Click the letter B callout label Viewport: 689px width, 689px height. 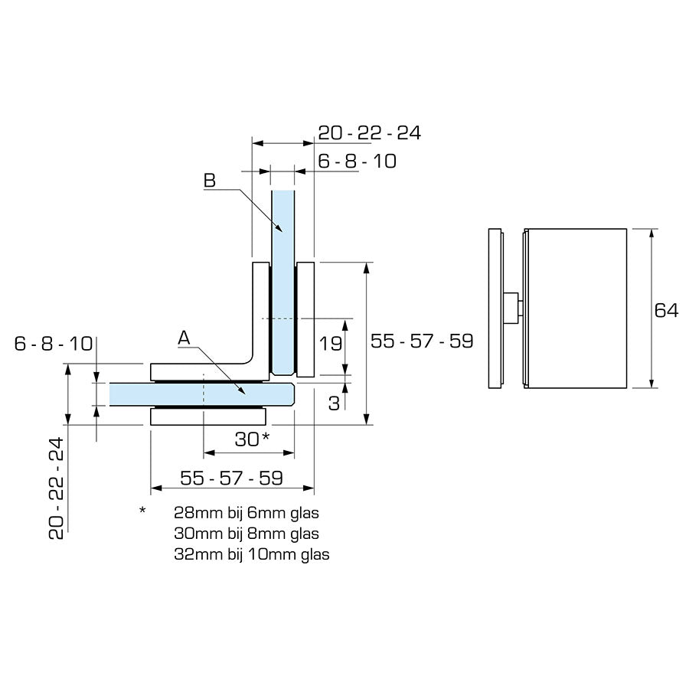pos(210,181)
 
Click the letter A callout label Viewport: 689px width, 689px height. pos(183,337)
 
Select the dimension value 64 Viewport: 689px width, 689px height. pos(666,310)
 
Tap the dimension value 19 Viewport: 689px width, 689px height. pos(330,344)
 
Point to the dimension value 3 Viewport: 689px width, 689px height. pos(334,403)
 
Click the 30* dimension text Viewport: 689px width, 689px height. pos(252,439)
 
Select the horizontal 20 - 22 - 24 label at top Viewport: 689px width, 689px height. pos(369,132)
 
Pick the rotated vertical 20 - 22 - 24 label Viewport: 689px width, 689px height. pos(56,488)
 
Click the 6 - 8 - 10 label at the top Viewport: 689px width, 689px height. pos(357,162)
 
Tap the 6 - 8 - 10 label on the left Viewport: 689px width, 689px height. pos(54,344)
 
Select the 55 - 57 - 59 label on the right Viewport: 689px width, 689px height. pos(422,341)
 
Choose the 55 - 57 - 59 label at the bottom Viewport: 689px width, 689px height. pos(232,478)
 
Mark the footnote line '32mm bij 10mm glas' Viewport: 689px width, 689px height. pos(251,554)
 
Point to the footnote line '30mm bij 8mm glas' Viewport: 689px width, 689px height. pos(246,533)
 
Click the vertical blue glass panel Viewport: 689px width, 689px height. pos(283,276)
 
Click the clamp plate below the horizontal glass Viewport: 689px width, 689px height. pos(209,417)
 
